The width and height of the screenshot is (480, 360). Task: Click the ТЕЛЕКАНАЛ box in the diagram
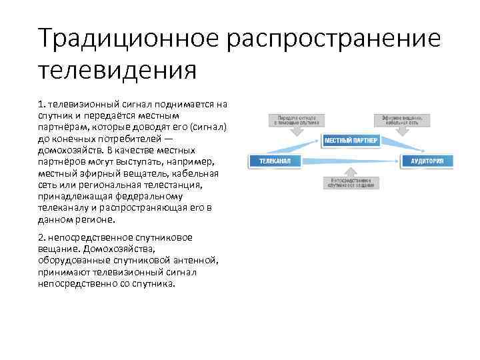(275, 161)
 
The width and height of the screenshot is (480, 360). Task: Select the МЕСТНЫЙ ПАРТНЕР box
(351, 141)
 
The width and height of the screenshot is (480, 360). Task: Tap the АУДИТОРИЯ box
(427, 161)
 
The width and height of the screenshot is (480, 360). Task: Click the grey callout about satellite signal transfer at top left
(297, 120)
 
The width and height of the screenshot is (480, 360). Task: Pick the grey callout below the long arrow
(350, 183)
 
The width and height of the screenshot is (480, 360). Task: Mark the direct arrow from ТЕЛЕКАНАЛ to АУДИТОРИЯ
(350, 161)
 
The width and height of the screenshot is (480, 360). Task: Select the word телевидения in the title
(117, 69)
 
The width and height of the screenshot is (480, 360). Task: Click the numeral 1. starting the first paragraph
(42, 105)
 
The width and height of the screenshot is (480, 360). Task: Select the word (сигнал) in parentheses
(209, 127)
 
